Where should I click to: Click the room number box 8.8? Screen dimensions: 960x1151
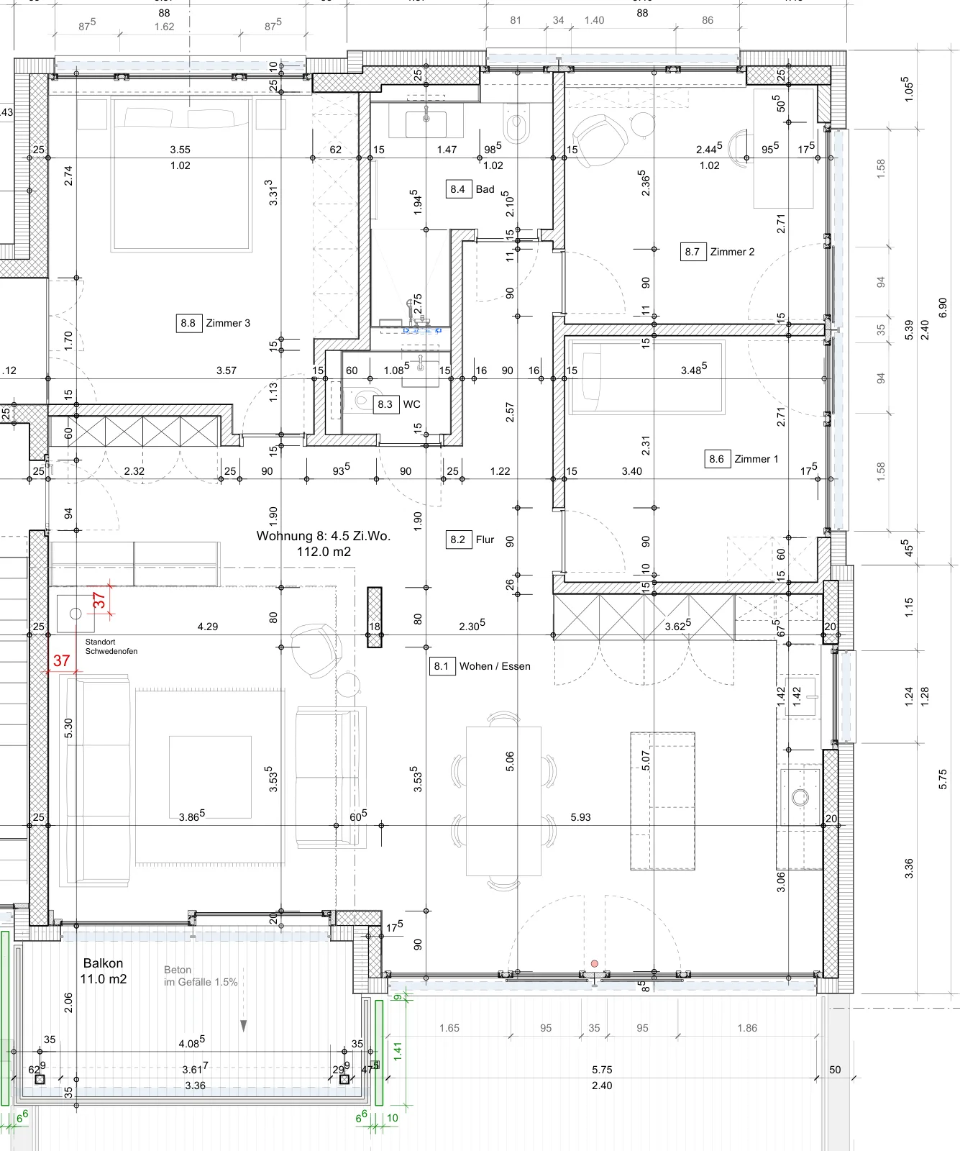tap(188, 323)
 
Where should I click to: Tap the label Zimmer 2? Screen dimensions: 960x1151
tap(732, 252)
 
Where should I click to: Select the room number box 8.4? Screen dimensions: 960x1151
tap(457, 189)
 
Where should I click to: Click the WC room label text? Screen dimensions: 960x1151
tap(411, 404)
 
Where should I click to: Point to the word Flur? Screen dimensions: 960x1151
tap(485, 540)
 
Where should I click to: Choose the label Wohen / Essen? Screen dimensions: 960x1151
tap(495, 666)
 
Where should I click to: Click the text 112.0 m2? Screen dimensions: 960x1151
tap(324, 552)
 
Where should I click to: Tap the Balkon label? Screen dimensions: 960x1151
tap(103, 963)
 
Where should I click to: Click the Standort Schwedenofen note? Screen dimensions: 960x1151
tap(111, 647)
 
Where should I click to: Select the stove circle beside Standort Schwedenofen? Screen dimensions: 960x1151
tap(76, 614)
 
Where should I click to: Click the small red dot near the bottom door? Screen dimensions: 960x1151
tap(595, 963)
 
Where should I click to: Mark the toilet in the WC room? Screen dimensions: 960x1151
tap(362, 400)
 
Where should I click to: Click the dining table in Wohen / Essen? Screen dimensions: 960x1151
tap(503, 801)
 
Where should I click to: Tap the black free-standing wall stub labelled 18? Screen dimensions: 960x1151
tap(374, 617)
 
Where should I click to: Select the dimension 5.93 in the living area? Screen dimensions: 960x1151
tap(580, 817)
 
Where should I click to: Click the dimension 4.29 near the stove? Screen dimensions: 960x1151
tap(208, 627)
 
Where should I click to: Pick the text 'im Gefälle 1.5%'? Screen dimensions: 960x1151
tap(201, 982)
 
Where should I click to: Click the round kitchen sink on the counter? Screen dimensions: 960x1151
tap(800, 797)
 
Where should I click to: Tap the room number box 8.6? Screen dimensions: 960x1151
tap(716, 459)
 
